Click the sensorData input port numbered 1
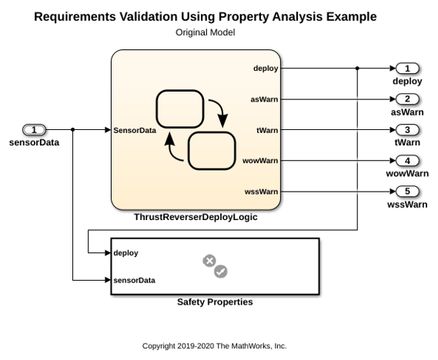click(34, 130)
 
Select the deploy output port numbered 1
click(407, 68)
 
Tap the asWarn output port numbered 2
click(407, 99)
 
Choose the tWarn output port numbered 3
click(407, 130)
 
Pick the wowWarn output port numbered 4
click(407, 161)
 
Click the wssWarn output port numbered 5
click(407, 192)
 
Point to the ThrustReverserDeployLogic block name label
click(196, 217)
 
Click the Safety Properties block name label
click(215, 302)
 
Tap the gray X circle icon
click(209, 261)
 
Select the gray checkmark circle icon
click(221, 272)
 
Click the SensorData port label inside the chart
click(135, 130)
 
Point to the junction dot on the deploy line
click(357, 68)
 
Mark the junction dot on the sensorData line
click(73, 129)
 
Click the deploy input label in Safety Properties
click(126, 253)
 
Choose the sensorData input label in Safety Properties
click(135, 280)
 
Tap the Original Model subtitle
click(206, 32)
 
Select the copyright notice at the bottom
click(214, 346)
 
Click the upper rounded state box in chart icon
click(180, 108)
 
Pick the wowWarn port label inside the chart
click(260, 161)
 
